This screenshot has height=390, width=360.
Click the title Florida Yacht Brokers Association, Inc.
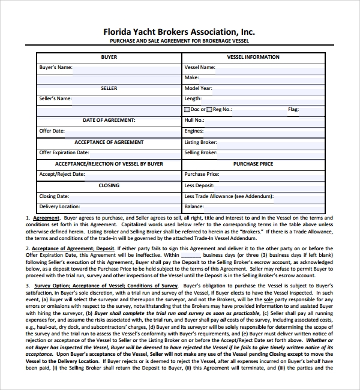(x=179, y=31)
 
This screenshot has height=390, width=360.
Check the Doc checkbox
(x=187, y=110)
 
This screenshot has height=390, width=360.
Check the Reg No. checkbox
(x=209, y=110)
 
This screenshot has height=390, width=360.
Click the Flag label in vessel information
(x=293, y=110)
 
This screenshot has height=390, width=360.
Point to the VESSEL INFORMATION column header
(x=253, y=57)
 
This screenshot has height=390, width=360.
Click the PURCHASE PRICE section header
(x=253, y=164)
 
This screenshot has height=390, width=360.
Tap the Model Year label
(x=198, y=88)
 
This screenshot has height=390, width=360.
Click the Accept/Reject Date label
(x=62, y=175)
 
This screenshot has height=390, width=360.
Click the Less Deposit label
(x=199, y=185)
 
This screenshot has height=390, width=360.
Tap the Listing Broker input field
(x=270, y=142)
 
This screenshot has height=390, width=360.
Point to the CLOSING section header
(x=109, y=185)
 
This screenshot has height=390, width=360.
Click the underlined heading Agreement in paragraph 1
(x=46, y=218)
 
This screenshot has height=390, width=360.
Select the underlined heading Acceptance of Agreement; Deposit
(x=72, y=248)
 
